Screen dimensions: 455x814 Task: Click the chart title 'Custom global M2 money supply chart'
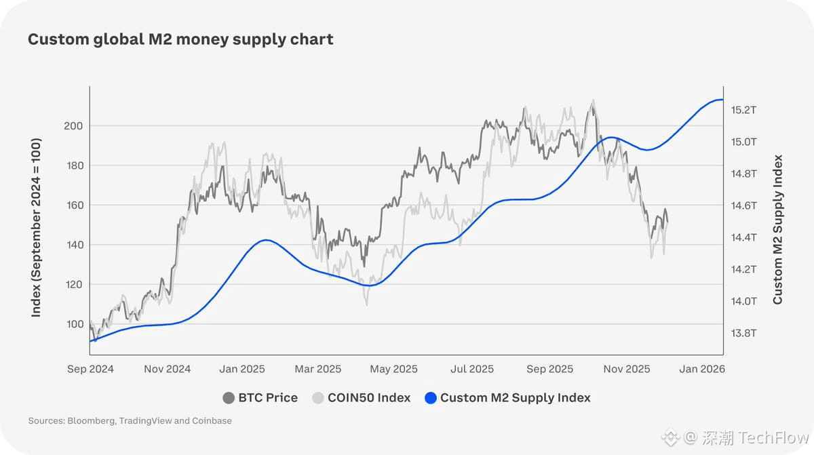180,39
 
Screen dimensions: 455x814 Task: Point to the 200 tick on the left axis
74,126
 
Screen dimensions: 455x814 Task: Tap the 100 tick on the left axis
74,324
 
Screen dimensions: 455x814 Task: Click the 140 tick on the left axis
74,245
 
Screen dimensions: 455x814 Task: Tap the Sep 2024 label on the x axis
90,370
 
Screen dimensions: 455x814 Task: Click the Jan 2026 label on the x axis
702,370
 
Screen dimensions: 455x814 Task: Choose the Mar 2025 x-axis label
318,370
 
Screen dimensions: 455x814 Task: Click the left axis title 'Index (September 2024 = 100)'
37,228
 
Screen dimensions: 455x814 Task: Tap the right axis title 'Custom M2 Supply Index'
778,229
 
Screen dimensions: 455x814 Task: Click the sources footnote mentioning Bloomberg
130,421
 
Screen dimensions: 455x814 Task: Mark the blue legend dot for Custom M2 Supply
430,398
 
